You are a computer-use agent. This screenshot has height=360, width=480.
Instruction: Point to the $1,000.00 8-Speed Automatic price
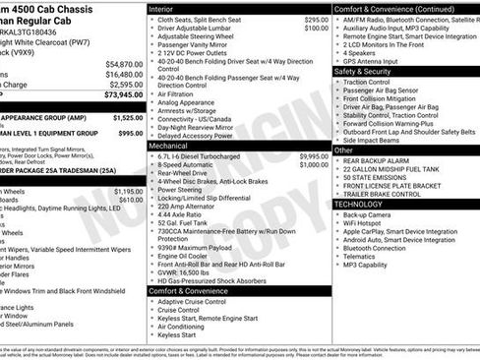(314, 164)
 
